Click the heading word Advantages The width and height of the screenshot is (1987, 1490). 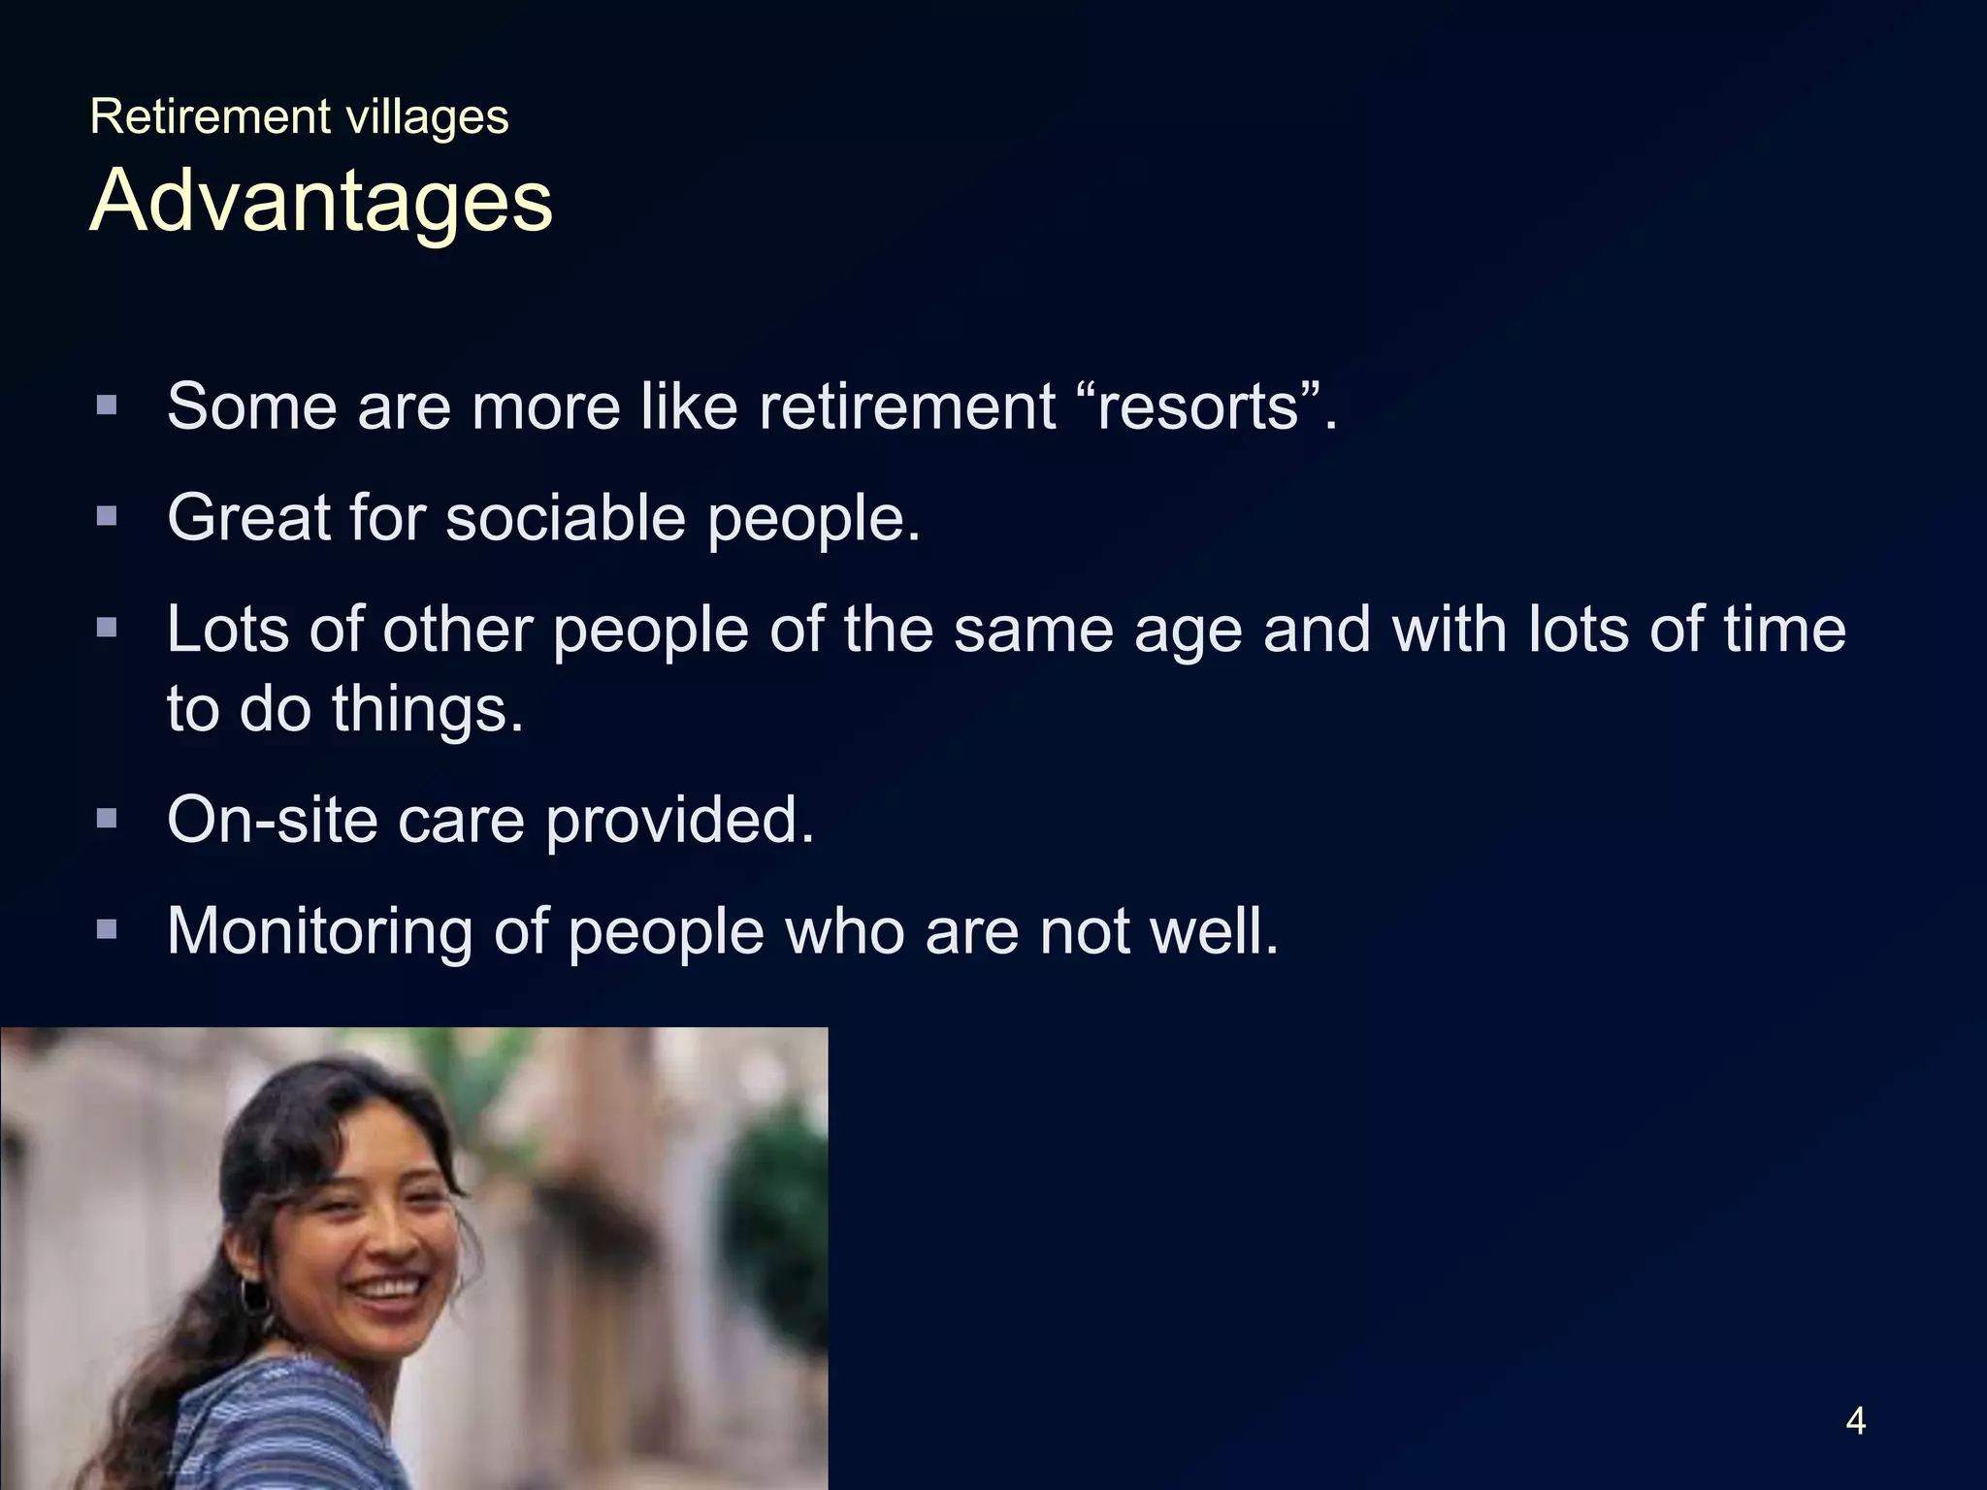pyautogui.click(x=320, y=201)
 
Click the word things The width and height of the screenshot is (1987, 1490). pyautogui.click(x=427, y=709)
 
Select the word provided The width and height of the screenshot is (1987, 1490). pyautogui.click(x=679, y=821)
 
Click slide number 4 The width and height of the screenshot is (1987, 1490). pyautogui.click(x=1855, y=1421)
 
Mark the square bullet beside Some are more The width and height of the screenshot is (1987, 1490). pyautogui.click(x=107, y=405)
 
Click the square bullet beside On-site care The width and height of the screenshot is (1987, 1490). pyautogui.click(x=107, y=819)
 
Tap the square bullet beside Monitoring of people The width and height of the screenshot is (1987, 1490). pyautogui.click(x=107, y=930)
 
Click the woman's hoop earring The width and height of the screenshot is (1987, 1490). pyautogui.click(x=254, y=1296)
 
